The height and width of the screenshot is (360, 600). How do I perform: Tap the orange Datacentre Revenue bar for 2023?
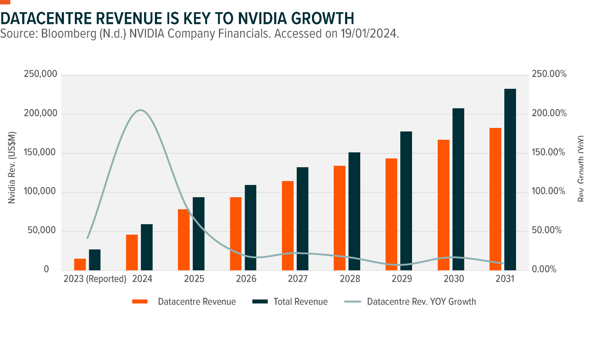(x=80, y=264)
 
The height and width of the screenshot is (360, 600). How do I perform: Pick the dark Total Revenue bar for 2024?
(x=147, y=247)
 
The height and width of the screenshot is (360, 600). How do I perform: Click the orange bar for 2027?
(x=288, y=225)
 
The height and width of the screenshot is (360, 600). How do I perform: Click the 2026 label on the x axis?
(x=246, y=279)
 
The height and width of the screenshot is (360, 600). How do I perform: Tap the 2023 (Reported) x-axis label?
(x=94, y=279)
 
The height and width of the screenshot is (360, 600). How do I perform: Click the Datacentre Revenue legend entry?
(x=197, y=302)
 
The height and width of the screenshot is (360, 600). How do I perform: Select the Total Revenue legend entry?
(x=300, y=302)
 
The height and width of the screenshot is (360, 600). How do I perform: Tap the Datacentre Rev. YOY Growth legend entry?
(x=421, y=302)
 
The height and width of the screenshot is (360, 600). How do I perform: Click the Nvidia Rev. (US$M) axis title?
(x=12, y=168)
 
